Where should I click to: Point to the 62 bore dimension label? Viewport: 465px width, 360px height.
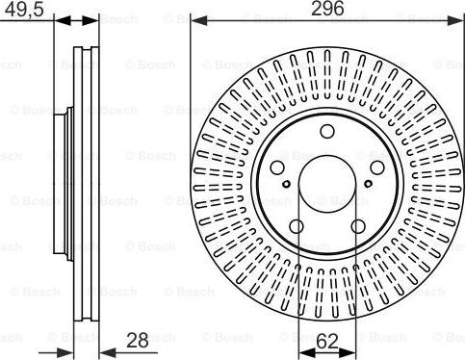(327, 339)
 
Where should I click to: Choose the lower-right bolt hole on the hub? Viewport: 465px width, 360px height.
(357, 226)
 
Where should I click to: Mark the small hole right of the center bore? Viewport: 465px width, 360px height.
(367, 186)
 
